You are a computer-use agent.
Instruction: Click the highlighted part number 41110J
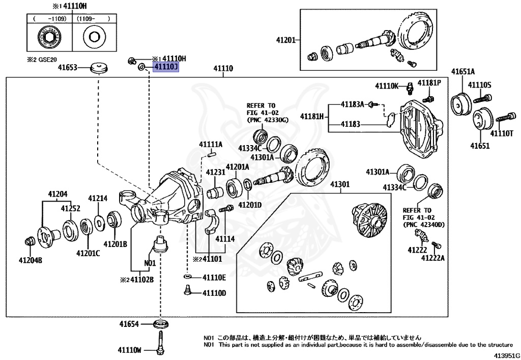coord(163,68)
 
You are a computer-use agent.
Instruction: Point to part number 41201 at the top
coord(285,40)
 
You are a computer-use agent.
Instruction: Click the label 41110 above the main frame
coord(223,68)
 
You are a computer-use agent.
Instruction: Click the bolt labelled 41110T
coord(502,118)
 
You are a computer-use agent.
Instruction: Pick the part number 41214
coord(98,198)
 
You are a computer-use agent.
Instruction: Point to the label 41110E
coord(214,277)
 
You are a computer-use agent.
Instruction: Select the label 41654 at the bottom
coord(130,324)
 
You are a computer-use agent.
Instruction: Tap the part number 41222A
coord(432,258)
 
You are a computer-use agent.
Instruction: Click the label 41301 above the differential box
coord(340,184)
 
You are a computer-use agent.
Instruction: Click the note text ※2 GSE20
coord(42,59)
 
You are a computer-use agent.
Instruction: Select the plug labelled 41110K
coord(409,89)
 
